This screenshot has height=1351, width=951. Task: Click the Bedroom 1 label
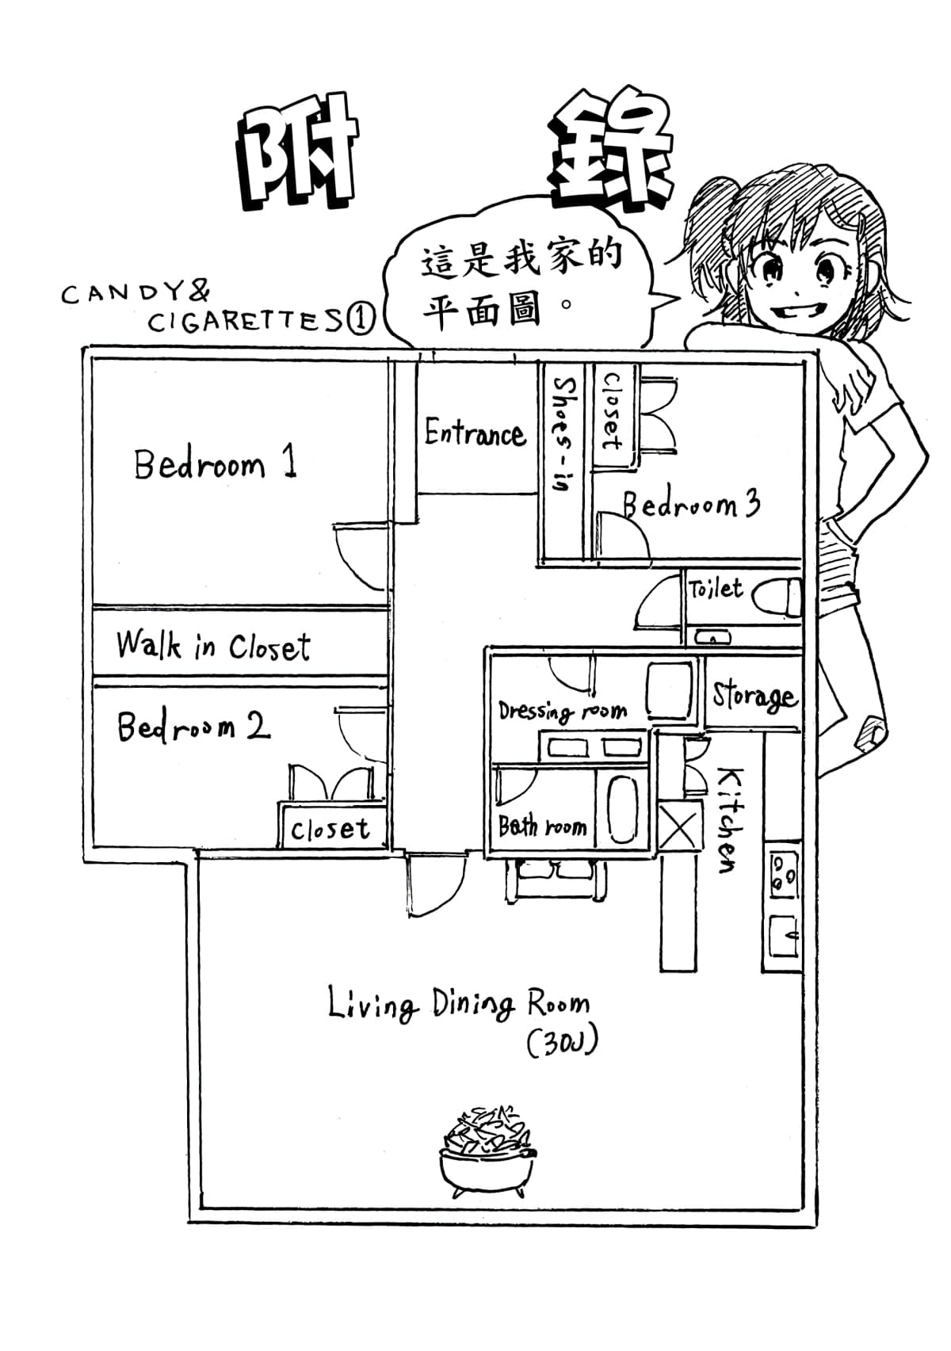point(216,464)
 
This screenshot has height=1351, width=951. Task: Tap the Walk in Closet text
point(212,646)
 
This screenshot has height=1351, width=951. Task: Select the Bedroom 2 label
point(193,727)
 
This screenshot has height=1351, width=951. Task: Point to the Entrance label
point(475,433)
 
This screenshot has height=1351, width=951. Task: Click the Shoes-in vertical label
point(563,433)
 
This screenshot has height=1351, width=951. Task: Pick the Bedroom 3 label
point(691,504)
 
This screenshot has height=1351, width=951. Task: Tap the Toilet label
point(716,589)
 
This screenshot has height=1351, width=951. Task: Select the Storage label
point(752,696)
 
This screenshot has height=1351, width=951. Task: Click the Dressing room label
point(562,711)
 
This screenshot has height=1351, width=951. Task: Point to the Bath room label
point(542,827)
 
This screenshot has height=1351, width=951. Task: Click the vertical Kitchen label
point(729,820)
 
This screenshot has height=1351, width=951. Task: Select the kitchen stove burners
point(783,872)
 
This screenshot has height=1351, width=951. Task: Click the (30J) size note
point(562,1044)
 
